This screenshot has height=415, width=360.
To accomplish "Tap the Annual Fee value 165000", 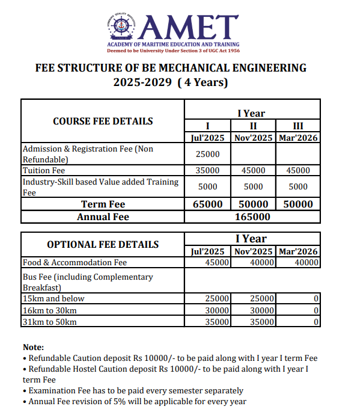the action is pos(253,217).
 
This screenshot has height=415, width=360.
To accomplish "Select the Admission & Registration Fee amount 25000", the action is pos(207,154).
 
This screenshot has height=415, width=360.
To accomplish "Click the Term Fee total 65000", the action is pos(207,204).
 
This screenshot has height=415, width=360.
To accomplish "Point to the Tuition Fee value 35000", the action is pos(207,171).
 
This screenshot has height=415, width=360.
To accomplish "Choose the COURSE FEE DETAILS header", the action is pos(103,121).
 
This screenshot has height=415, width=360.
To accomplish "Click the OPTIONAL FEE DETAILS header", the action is pos(103,244).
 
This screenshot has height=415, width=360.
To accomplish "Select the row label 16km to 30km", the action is pos(50,310).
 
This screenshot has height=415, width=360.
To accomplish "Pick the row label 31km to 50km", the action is pos(50,322).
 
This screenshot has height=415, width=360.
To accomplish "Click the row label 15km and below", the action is pos(53,298).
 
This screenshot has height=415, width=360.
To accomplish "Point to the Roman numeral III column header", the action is pos(297,126).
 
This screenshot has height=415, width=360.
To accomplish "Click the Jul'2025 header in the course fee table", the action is pos(207,138).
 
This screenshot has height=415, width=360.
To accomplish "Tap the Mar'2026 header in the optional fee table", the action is pos(297,251).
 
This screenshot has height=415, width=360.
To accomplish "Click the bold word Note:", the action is pos(33,347).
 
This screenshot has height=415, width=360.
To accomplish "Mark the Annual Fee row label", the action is pos(103,217).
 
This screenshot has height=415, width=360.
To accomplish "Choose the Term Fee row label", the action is pos(103,204).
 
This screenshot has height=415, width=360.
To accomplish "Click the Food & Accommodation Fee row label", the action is pos(75,262).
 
